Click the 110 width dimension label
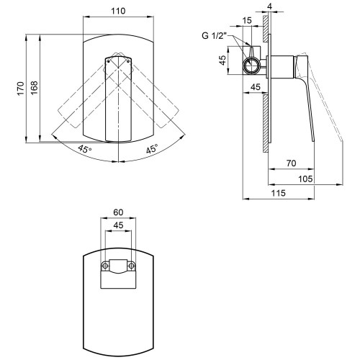click(x=118, y=11)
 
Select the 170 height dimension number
click(x=21, y=89)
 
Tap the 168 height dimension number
click(x=35, y=88)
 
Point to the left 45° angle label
click(x=85, y=149)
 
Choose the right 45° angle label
click(x=152, y=149)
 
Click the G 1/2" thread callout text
click(x=215, y=36)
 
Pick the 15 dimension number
click(x=247, y=21)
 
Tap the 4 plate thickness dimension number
click(x=270, y=6)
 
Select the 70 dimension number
click(x=291, y=163)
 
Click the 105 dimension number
click(x=305, y=179)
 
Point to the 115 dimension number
click(x=279, y=193)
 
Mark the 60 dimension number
click(x=118, y=212)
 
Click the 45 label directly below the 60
click(x=118, y=225)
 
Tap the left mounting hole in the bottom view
click(x=105, y=266)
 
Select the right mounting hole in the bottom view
click(x=131, y=266)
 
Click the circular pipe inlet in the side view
click(x=251, y=66)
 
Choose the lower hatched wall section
click(x=266, y=123)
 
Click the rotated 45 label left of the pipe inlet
click(x=223, y=60)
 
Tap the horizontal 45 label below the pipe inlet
click(x=256, y=87)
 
